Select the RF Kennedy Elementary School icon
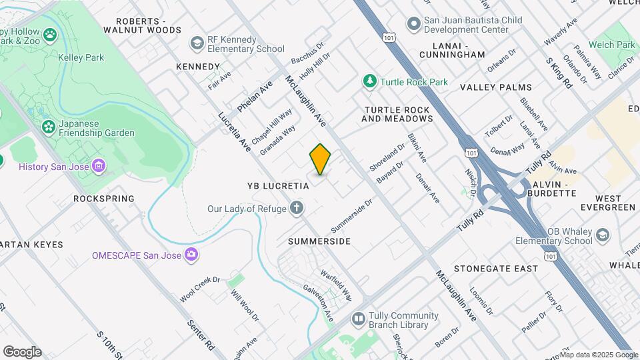tap(197, 44)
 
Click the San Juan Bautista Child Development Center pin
tap(413, 25)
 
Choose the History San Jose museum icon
tap(99, 165)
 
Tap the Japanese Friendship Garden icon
tap(49, 127)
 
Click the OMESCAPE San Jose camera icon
tap(192, 254)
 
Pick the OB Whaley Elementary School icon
tap(603, 235)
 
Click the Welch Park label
tap(616, 45)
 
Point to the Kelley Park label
tap(80, 58)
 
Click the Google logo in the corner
tap(22, 352)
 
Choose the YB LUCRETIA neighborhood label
tap(278, 186)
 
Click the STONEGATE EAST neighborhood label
tap(495, 269)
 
